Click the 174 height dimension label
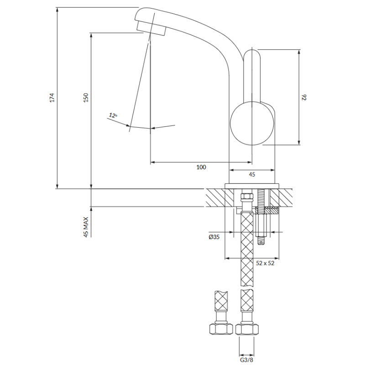(52, 98)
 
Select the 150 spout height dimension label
(86, 98)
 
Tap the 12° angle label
(113, 115)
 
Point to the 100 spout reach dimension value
(201, 167)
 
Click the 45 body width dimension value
(252, 174)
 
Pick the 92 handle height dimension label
(304, 97)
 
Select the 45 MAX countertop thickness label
(86, 227)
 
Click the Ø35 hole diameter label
(214, 237)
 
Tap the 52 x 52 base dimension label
(265, 263)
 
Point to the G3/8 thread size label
(246, 360)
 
